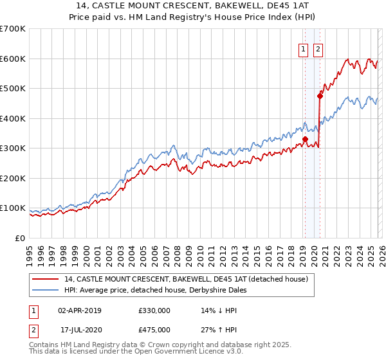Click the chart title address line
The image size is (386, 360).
tap(192, 6)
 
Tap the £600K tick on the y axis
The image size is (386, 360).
tap(13, 59)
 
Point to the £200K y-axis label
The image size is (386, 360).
tap(13, 178)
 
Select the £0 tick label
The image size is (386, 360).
tap(20, 238)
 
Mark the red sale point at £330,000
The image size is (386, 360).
tap(305, 139)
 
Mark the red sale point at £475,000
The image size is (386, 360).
tap(320, 96)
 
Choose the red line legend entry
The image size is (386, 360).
tap(187, 279)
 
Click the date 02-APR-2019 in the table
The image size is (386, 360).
tap(79, 310)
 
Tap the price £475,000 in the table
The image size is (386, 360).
tap(154, 329)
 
